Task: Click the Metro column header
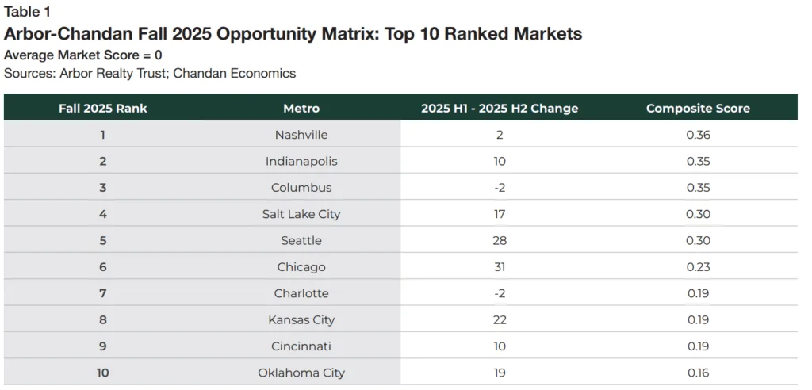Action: [301, 108]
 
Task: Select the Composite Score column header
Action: [698, 108]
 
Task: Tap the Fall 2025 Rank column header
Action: [103, 108]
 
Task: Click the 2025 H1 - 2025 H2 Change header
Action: [500, 108]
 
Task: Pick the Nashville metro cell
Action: [301, 135]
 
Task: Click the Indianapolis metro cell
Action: [301, 161]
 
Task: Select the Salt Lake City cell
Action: [301, 214]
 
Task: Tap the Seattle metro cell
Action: [301, 240]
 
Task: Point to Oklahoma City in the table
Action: [301, 373]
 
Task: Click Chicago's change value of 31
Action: [500, 267]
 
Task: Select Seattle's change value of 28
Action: [500, 240]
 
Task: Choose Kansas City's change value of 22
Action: [500, 319]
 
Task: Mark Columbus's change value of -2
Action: [500, 188]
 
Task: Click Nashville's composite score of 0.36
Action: [698, 135]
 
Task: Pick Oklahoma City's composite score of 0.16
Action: [698, 373]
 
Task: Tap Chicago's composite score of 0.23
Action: [698, 267]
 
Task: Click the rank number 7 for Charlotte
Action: [103, 293]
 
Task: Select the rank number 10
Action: [103, 373]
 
